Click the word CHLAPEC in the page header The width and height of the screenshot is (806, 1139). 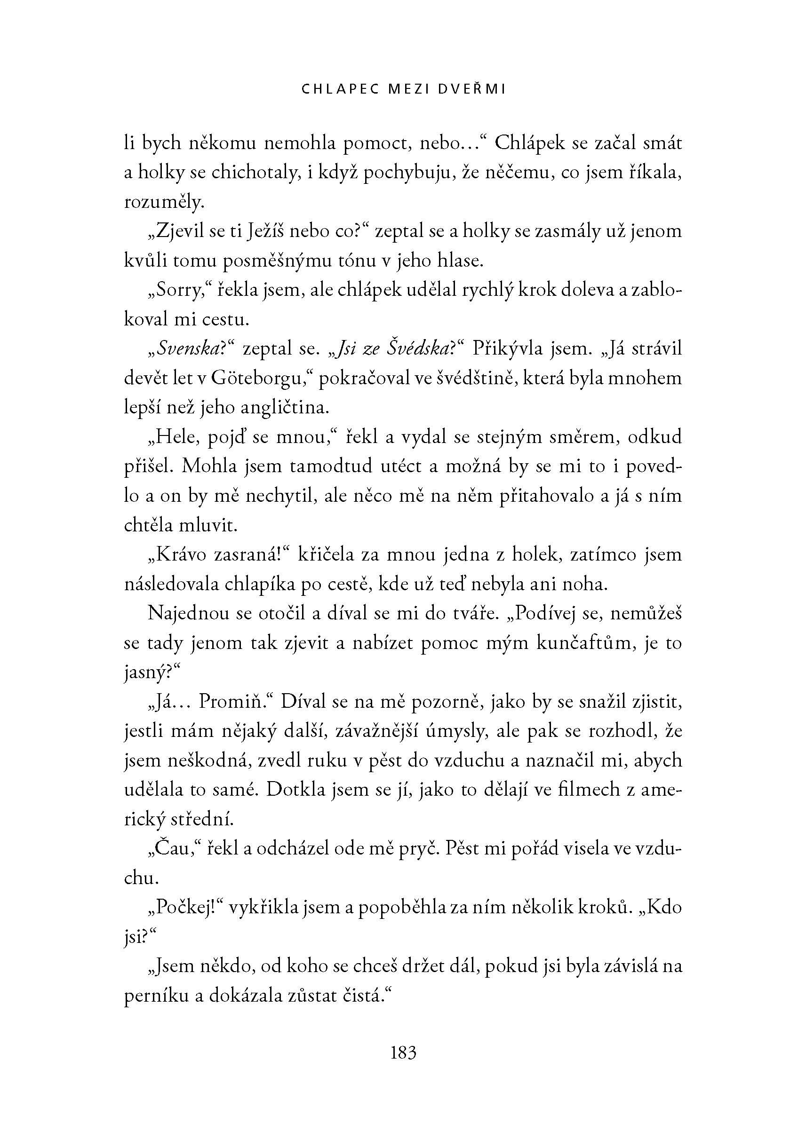pyautogui.click(x=333, y=89)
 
